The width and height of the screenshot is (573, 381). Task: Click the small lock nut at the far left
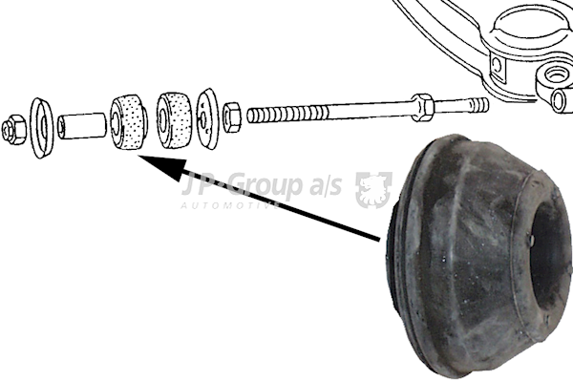pyautogui.click(x=13, y=129)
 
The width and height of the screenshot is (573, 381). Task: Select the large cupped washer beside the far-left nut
pyautogui.click(x=41, y=128)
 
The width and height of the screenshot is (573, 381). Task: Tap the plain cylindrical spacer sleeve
pyautogui.click(x=82, y=126)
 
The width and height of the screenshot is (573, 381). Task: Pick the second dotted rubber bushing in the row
pyautogui.click(x=174, y=119)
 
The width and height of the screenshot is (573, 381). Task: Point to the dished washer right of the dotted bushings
pyautogui.click(x=207, y=118)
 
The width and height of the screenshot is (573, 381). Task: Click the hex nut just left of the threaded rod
pyautogui.click(x=232, y=117)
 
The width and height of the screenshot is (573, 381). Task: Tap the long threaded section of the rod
pyautogui.click(x=287, y=114)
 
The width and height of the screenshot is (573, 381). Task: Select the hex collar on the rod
pyautogui.click(x=423, y=107)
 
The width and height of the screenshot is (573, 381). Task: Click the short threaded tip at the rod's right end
pyautogui.click(x=478, y=105)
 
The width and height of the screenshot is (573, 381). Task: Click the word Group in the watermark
pyautogui.click(x=266, y=184)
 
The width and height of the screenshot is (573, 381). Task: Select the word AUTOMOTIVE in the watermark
pyautogui.click(x=230, y=205)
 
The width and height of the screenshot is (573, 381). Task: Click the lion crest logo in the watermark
pyautogui.click(x=373, y=189)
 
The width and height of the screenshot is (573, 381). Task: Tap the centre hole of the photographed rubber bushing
pyautogui.click(x=547, y=255)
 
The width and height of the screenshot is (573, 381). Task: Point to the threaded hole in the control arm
pyautogui.click(x=557, y=74)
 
